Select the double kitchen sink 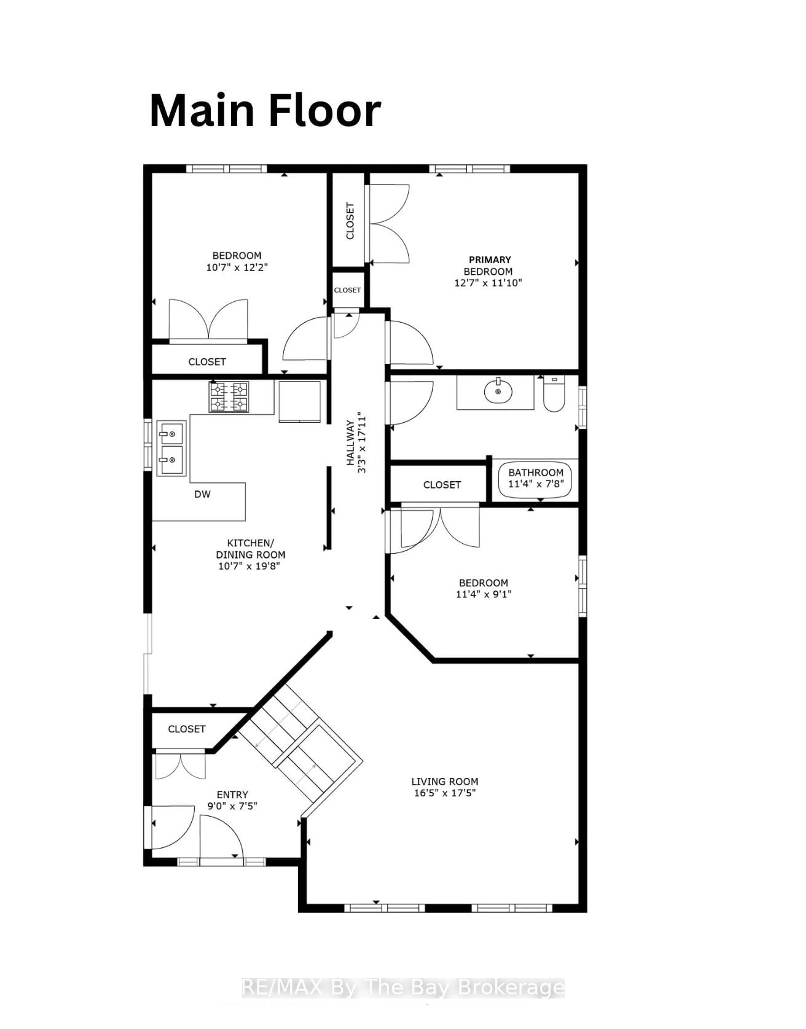171,448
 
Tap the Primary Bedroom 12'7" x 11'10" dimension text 488,283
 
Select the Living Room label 445,782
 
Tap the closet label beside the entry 187,729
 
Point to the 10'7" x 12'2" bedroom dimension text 237,267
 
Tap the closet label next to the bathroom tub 442,484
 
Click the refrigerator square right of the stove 299,402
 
